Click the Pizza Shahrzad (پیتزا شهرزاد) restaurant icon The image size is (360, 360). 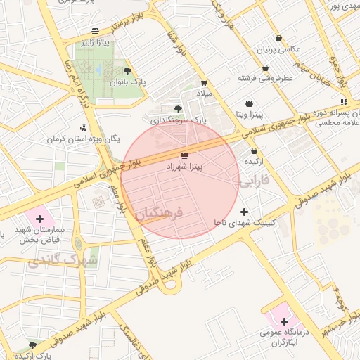[184, 155]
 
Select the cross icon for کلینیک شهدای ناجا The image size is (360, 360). [244, 212]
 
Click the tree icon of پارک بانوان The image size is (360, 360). [127, 71]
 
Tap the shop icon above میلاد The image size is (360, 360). [204, 82]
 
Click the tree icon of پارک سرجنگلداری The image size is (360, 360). [177, 108]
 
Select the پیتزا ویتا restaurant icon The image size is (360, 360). [250, 103]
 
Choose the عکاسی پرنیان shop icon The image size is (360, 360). [279, 39]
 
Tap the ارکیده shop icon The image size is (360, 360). [253, 150]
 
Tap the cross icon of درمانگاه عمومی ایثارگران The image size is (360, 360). [283, 321]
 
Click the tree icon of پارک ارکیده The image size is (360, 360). [32, 345]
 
